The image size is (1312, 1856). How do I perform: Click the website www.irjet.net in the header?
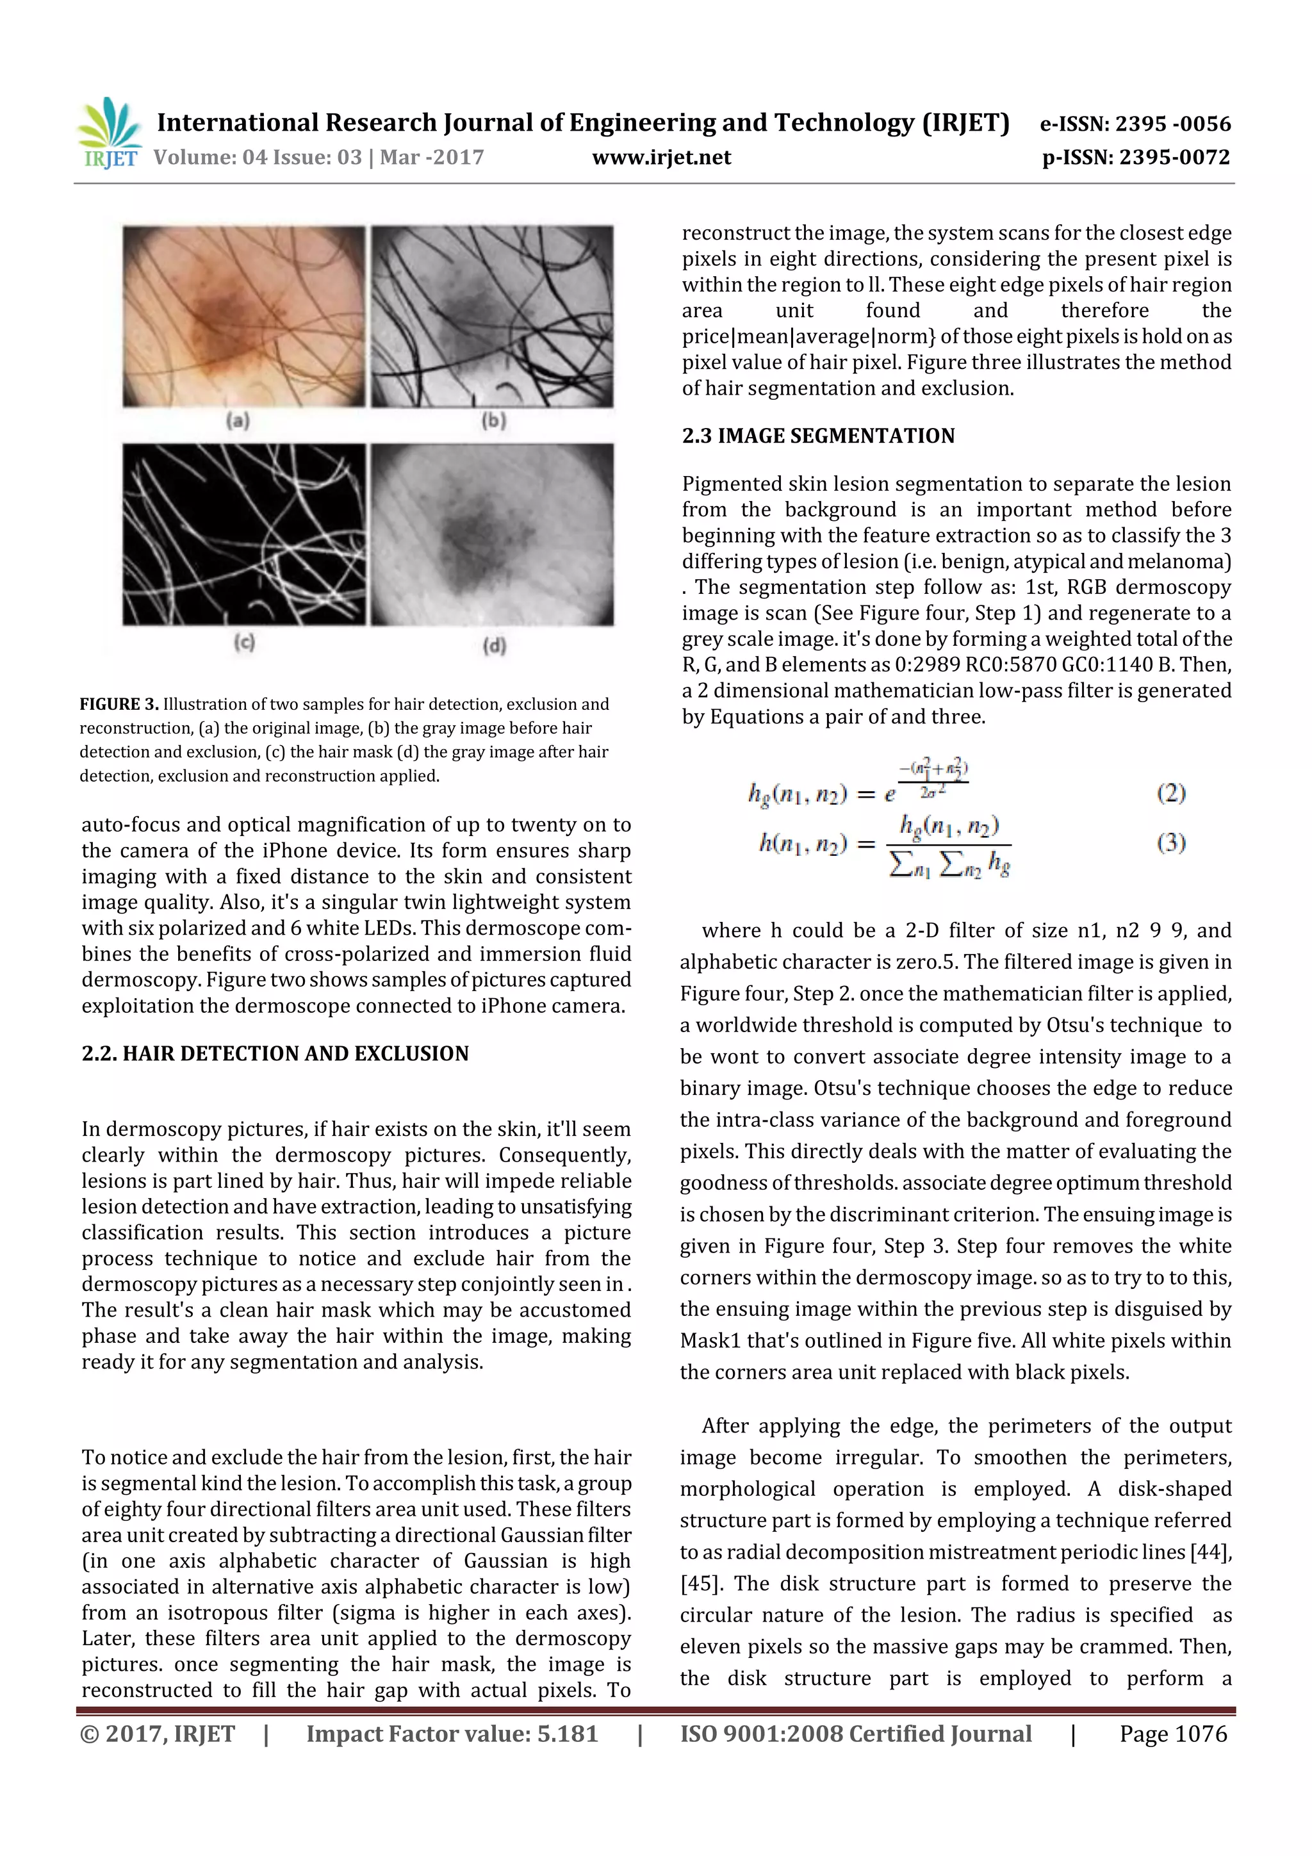coord(661,157)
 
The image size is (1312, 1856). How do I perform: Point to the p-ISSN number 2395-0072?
coord(1174,157)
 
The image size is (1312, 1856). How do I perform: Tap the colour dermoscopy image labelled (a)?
coord(243,316)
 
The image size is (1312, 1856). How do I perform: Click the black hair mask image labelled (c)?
coord(243,534)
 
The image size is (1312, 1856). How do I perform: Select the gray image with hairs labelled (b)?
coord(491,316)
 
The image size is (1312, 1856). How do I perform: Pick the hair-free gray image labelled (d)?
coord(491,534)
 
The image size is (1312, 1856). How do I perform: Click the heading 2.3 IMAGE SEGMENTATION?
coord(818,436)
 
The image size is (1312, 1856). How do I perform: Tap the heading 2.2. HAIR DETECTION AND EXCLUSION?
coord(275,1053)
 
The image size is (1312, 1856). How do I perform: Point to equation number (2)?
coord(1170,792)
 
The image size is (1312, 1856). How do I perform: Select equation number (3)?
coord(1170,843)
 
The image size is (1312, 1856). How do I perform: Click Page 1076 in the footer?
coord(1172,1733)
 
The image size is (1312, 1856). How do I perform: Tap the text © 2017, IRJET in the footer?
coord(158,1733)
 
